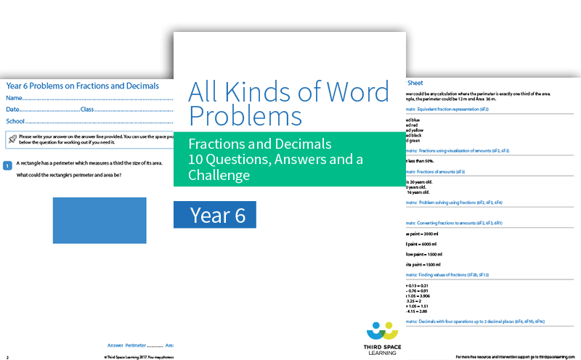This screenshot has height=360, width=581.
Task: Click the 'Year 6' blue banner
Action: [215, 215]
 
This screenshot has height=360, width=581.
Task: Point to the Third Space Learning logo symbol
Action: [383, 332]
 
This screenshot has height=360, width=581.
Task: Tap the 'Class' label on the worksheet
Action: [87, 110]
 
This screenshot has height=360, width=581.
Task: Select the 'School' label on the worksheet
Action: [15, 121]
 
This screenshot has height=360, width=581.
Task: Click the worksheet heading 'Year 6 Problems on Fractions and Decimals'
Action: [82, 86]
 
